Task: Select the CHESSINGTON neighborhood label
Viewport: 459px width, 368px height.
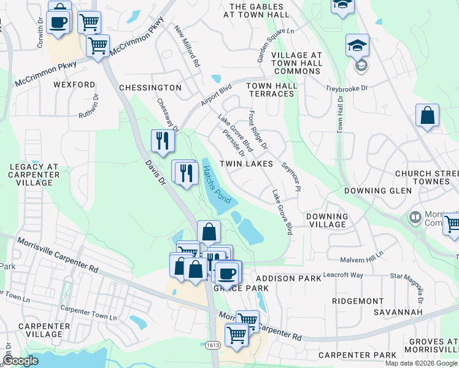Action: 150,88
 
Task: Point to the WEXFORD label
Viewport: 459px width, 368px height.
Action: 74,85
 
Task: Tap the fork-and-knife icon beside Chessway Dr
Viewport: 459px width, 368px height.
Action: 163,140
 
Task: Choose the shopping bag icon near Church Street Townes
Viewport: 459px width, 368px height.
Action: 427,115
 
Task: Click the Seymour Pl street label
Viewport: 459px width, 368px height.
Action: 291,177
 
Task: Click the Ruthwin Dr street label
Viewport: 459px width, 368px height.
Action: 88,106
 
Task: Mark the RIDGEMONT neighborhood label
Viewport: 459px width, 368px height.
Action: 357,301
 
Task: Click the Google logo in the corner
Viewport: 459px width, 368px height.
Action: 21,361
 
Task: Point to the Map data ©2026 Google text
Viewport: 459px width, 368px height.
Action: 421,363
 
